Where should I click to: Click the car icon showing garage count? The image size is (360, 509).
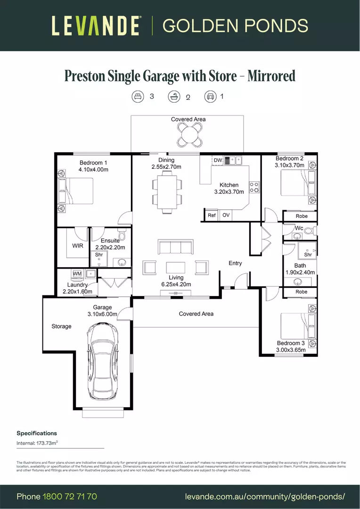210,97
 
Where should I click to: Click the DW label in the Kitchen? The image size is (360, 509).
217,161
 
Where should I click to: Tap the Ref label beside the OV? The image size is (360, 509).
212,215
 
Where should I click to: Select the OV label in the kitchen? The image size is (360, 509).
226,215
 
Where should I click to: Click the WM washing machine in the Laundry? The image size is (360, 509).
77,274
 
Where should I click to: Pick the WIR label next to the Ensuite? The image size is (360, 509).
78,246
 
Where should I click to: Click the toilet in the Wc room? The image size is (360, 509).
309,231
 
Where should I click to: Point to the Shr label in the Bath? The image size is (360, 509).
308,254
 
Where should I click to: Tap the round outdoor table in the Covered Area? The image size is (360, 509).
188,136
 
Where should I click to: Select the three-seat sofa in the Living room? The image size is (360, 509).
175,247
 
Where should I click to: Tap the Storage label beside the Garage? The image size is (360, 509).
61,326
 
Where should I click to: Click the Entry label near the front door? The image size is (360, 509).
235,263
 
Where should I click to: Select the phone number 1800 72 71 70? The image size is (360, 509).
70,497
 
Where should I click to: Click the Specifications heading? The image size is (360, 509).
37,433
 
